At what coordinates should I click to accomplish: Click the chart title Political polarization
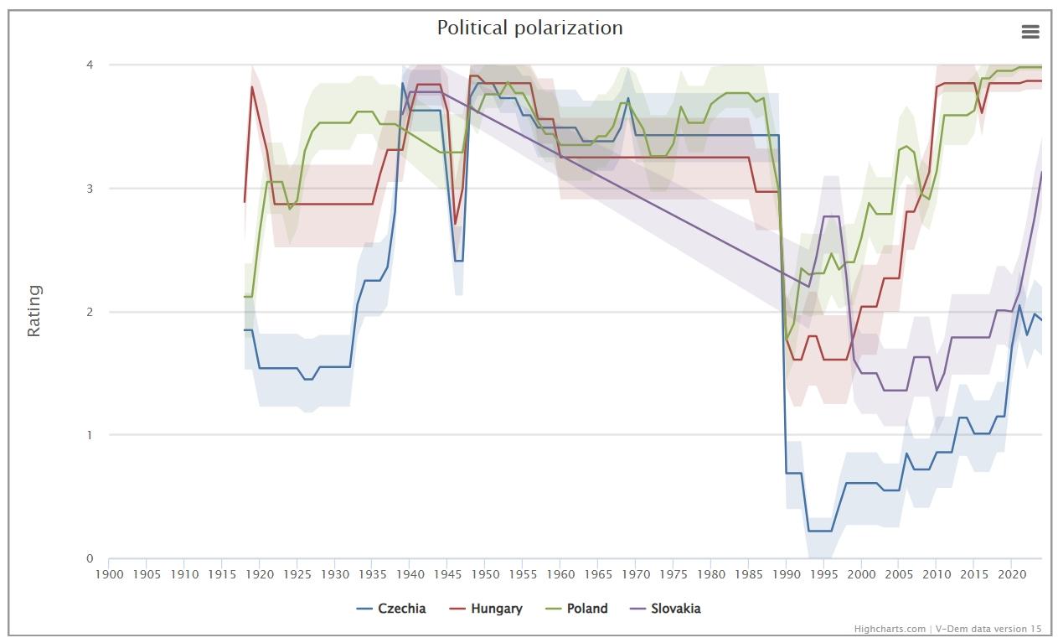pos(529,28)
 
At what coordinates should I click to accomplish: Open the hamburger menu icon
pos(1030,32)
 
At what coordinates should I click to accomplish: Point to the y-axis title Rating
pos(34,311)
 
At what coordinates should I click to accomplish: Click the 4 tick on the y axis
pos(90,65)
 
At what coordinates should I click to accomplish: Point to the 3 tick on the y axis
pos(90,189)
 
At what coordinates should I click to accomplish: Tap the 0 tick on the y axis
pos(90,558)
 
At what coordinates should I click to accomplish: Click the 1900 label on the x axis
pos(109,574)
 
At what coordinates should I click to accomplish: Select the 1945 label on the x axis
pos(447,574)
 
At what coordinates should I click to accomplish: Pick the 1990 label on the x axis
pos(786,574)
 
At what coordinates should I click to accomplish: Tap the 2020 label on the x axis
pos(1011,574)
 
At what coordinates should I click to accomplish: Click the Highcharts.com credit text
pos(890,629)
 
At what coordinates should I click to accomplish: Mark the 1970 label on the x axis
pos(635,574)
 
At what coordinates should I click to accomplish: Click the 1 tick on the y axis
pos(90,435)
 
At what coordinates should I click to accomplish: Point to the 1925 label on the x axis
pos(297,574)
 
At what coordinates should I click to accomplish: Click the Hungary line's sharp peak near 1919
pos(252,87)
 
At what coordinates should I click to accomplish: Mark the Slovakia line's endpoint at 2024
pos(1041,173)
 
